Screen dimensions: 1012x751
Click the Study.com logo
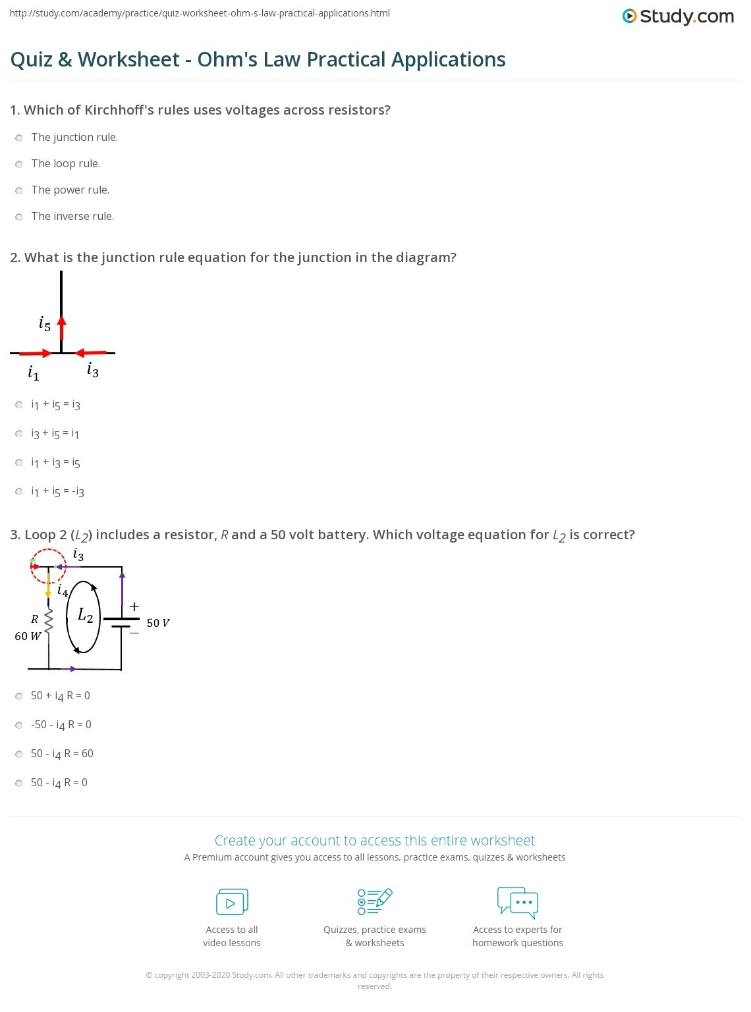coord(678,16)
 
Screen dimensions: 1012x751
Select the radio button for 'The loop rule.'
coord(19,164)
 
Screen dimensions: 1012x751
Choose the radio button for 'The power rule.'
coord(19,190)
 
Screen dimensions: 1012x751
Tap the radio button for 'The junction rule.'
coord(19,138)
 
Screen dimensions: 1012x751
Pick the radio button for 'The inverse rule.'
coord(19,217)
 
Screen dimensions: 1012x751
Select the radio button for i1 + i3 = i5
coord(19,463)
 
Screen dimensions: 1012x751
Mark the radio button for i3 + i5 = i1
coord(19,434)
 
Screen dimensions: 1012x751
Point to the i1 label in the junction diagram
coord(34,373)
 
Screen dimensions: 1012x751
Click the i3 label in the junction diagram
coord(93,370)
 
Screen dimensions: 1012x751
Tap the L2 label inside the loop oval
coord(85,616)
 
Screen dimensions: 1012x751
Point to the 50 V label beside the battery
coord(158,623)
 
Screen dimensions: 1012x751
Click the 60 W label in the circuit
coord(28,636)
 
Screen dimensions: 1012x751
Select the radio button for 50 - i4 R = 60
coord(19,754)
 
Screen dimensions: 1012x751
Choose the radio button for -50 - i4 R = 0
coord(19,725)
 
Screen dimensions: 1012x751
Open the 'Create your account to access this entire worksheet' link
coord(375,840)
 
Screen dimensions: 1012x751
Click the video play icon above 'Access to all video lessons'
coord(232,902)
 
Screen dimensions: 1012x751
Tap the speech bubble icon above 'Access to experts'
coord(518,902)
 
